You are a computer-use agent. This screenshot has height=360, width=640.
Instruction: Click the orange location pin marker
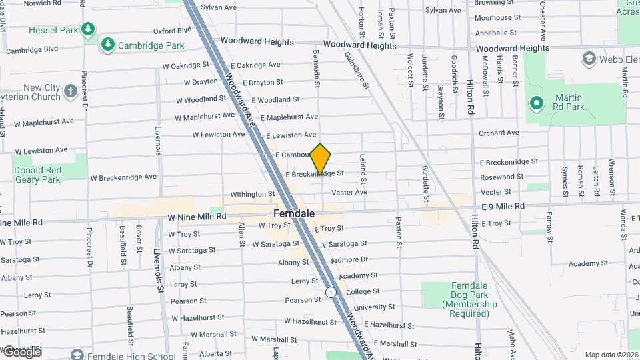(x=321, y=159)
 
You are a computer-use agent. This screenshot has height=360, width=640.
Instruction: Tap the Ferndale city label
(x=294, y=214)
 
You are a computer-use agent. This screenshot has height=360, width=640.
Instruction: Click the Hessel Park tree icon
(x=87, y=29)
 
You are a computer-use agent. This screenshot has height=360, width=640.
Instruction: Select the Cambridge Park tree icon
(x=107, y=45)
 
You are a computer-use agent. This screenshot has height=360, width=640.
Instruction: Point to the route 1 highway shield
(x=330, y=292)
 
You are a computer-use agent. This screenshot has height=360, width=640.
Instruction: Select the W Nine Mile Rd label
(x=197, y=217)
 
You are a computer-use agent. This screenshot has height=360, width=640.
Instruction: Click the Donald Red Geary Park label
(x=37, y=174)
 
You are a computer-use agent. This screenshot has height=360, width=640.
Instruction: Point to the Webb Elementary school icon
(x=589, y=59)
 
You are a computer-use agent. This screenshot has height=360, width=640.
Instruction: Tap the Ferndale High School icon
(x=78, y=355)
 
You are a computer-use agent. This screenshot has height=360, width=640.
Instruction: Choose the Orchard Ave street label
(x=498, y=133)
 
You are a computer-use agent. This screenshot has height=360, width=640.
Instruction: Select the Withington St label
(x=253, y=195)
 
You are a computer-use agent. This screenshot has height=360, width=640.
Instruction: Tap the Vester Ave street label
(x=349, y=192)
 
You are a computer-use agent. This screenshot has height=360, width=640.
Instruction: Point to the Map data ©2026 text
(x=611, y=355)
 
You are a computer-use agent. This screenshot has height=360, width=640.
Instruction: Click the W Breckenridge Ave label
(x=123, y=177)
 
